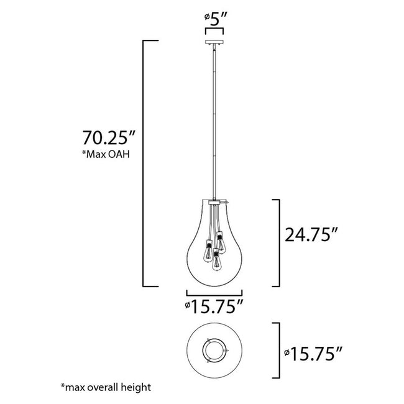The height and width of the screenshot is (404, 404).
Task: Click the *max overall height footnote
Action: [106, 387]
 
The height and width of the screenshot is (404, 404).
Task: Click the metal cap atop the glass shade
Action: [214, 202]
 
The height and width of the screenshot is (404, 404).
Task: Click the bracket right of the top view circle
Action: [277, 351]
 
